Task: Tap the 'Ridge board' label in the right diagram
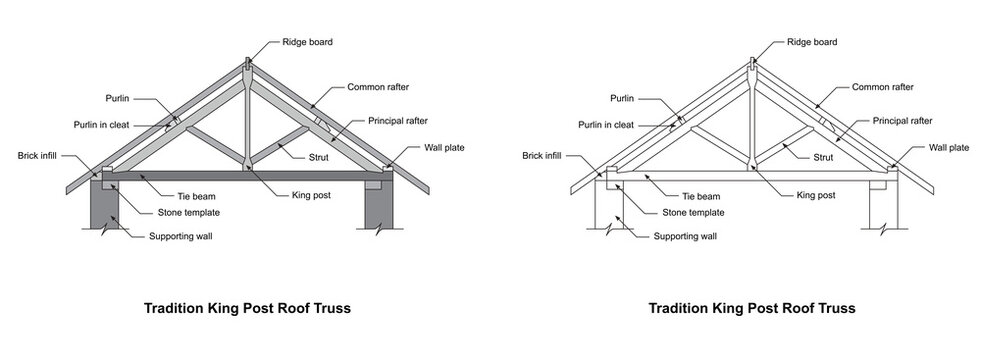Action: [x=811, y=42]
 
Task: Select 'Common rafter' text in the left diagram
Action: [x=379, y=87]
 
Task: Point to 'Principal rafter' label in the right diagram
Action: [x=902, y=120]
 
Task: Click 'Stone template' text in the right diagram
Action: [x=695, y=213]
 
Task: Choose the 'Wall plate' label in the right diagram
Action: [x=949, y=147]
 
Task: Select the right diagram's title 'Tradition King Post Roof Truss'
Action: [x=752, y=308]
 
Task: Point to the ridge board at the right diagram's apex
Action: [x=752, y=67]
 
